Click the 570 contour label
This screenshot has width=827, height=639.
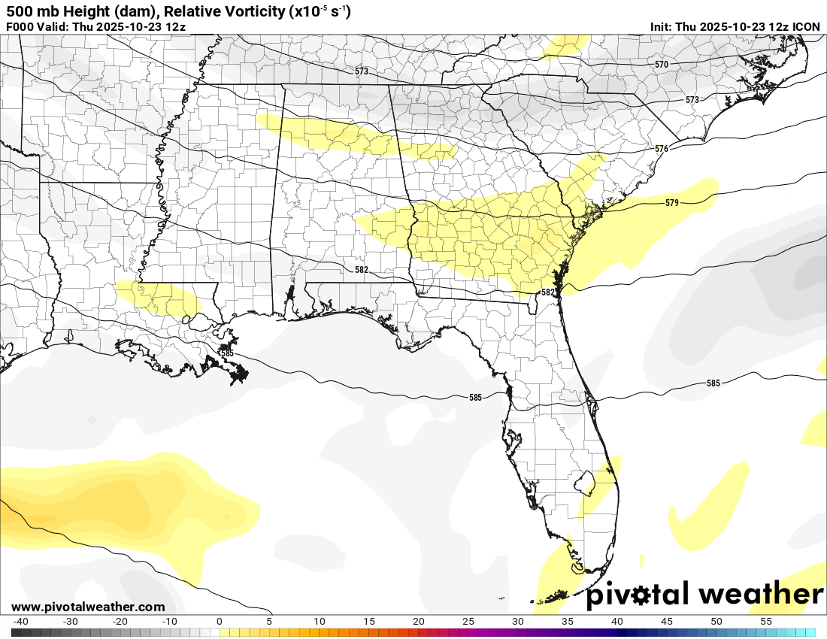(662, 65)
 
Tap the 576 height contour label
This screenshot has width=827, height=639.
(662, 149)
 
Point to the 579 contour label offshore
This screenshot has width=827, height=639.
(672, 203)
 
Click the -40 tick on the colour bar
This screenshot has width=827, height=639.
(21, 622)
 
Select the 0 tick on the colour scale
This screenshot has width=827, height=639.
(219, 622)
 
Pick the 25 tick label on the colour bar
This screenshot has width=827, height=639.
(468, 622)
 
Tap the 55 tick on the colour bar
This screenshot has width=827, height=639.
(766, 622)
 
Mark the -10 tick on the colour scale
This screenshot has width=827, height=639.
(170, 622)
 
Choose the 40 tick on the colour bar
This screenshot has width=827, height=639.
(617, 622)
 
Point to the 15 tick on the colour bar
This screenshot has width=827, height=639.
(369, 622)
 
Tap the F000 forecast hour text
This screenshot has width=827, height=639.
(20, 27)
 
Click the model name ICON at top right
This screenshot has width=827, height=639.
(807, 27)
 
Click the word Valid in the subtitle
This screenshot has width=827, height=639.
(55, 27)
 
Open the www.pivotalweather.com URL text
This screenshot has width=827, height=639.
(88, 607)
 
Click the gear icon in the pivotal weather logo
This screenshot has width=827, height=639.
(641, 595)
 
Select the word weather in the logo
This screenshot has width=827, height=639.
(760, 595)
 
